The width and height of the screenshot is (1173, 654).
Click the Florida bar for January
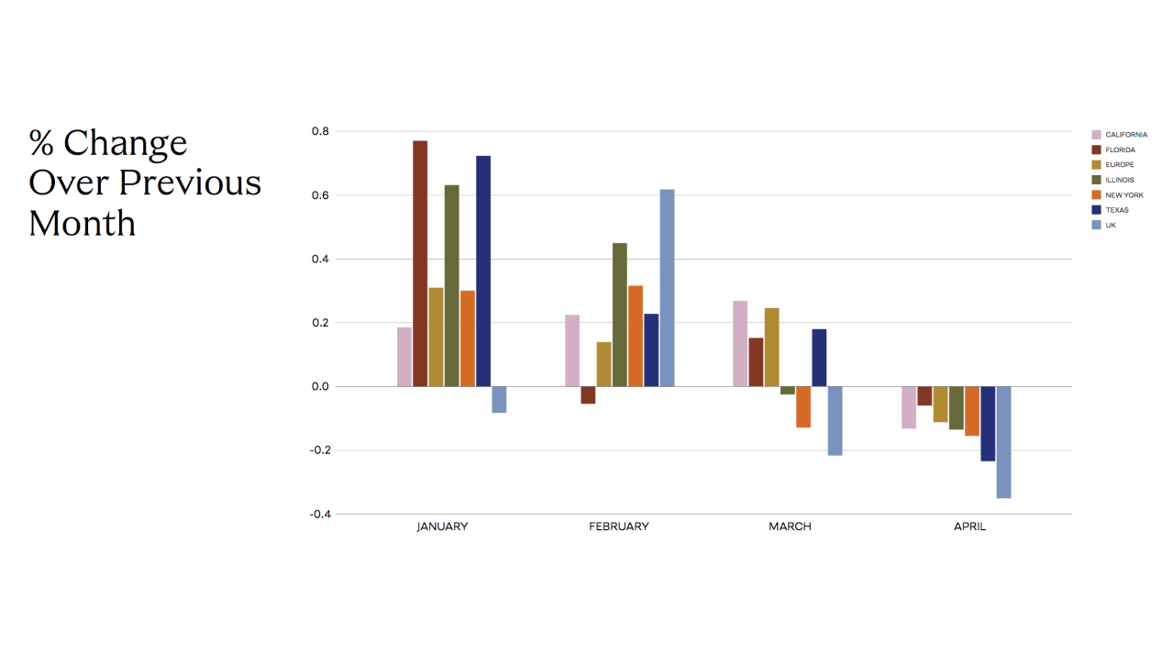(420, 263)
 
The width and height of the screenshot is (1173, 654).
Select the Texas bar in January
(483, 271)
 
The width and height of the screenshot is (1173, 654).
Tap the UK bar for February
(667, 288)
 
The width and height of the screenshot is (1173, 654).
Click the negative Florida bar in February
(588, 395)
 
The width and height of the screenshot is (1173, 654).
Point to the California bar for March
(740, 343)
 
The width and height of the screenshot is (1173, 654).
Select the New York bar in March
(803, 407)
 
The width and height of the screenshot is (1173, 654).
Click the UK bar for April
(1003, 442)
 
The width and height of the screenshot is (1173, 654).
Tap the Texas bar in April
(988, 424)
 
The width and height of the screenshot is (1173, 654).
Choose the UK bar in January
(499, 400)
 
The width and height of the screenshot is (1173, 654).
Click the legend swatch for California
(1096, 135)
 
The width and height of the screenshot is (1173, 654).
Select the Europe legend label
(1119, 165)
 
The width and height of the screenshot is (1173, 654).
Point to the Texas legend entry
(1116, 210)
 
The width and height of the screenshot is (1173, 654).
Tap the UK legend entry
(1111, 225)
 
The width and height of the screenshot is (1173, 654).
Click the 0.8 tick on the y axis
(319, 131)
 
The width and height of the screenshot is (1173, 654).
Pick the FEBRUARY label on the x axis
(618, 527)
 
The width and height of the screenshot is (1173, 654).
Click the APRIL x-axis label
(969, 527)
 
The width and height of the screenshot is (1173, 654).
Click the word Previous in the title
(190, 183)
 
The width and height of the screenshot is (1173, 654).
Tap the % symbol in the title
(41, 143)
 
